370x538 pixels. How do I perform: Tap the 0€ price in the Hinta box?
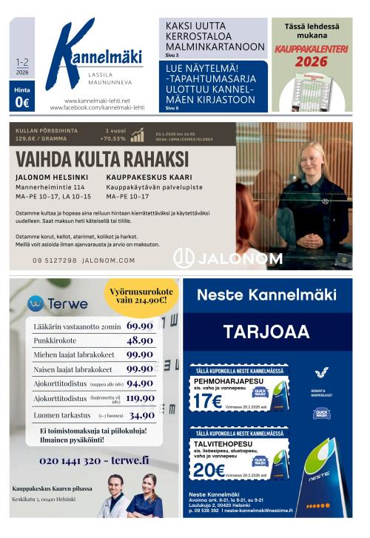[22, 103]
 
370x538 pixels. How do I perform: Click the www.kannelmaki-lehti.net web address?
[97, 101]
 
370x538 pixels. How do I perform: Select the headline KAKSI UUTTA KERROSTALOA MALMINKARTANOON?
[215, 36]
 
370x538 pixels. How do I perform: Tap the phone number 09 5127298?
[54, 260]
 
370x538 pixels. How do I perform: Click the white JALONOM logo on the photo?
[227, 258]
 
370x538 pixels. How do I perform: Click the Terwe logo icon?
[35, 303]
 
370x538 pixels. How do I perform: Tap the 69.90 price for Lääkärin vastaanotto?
[139, 326]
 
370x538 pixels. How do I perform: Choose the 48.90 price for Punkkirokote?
[139, 340]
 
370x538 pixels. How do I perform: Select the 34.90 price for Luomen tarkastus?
[141, 415]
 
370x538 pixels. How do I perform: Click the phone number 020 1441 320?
[68, 460]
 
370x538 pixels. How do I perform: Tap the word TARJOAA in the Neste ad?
[267, 331]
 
